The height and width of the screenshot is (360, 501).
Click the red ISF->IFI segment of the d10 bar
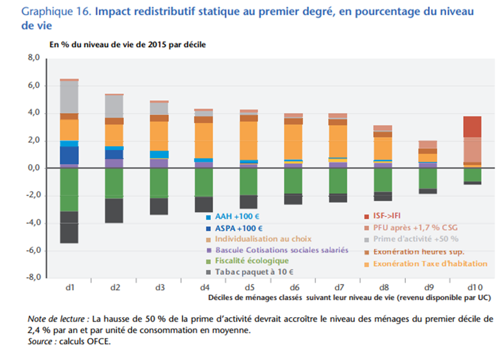tap(473, 127)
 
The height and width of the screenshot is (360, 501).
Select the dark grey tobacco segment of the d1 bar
tap(69, 227)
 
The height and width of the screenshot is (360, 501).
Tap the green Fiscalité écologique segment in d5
tap(249, 182)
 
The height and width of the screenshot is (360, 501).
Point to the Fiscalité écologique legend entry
tap(252, 261)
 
